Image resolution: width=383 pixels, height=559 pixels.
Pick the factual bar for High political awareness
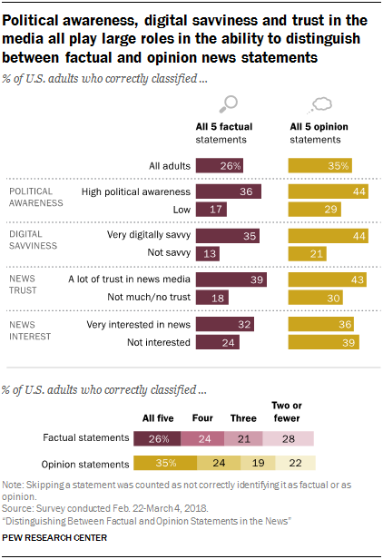tap(229, 191)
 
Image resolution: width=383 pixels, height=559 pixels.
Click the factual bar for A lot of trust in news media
tap(231, 279)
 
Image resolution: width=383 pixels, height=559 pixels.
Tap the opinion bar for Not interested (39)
tap(323, 342)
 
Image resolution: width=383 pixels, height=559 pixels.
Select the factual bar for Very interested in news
tap(225, 324)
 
